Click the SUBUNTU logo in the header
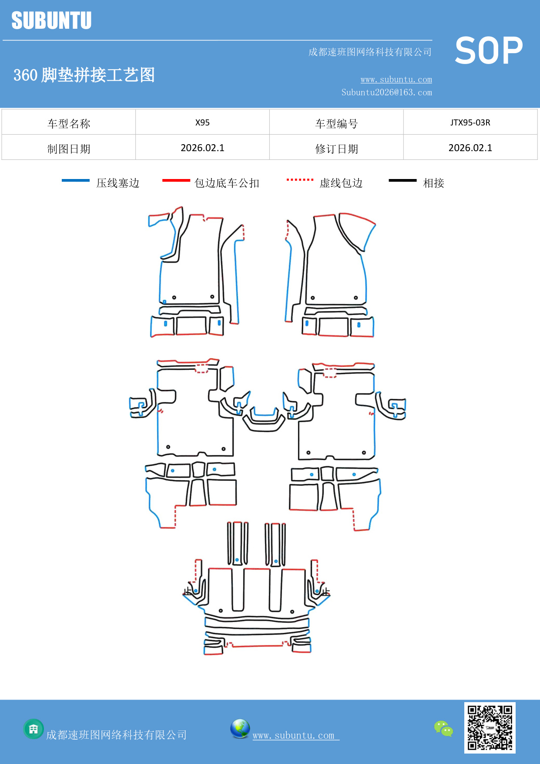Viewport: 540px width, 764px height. [x=51, y=20]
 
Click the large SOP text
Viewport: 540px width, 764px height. [x=488, y=51]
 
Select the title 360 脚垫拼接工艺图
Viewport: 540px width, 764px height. [x=84, y=75]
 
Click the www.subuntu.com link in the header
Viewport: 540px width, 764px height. [x=396, y=79]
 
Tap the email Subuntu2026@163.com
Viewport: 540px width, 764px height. [x=386, y=92]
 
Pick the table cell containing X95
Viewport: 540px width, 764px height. [x=202, y=122]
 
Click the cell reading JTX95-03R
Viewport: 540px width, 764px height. [x=470, y=122]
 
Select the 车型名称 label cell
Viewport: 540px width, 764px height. [x=69, y=124]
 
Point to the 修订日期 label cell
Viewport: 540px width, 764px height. [x=336, y=149]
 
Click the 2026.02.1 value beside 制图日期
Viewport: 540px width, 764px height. [x=202, y=148]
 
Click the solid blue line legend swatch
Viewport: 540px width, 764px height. [x=75, y=180]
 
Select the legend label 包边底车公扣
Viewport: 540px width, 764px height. [x=227, y=183]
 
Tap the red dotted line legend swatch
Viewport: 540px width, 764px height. [x=300, y=179]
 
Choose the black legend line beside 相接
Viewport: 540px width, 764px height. [x=402, y=180]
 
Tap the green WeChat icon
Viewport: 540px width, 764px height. [x=443, y=728]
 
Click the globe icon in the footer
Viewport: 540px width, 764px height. [x=240, y=728]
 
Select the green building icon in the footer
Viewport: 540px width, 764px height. [x=34, y=729]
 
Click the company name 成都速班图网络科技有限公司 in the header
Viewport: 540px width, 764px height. [x=370, y=52]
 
